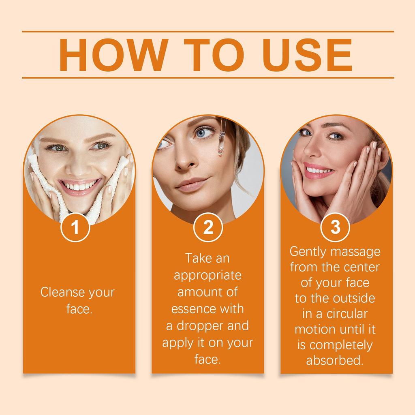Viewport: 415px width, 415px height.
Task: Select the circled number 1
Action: pyautogui.click(x=75, y=227)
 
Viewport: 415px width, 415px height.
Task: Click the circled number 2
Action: pyautogui.click(x=208, y=227)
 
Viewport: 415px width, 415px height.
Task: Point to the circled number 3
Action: pyautogui.click(x=336, y=227)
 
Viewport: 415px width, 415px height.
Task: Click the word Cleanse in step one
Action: pyautogui.click(x=63, y=292)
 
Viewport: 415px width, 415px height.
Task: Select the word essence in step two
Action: pyautogui.click(x=193, y=309)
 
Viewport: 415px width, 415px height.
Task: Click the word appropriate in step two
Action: pyautogui.click(x=207, y=275)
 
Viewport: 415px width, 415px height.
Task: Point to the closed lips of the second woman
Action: pyautogui.click(x=190, y=184)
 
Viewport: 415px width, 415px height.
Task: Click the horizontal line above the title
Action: pyautogui.click(x=207, y=31)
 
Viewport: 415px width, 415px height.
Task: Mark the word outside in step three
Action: pyautogui.click(x=354, y=298)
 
